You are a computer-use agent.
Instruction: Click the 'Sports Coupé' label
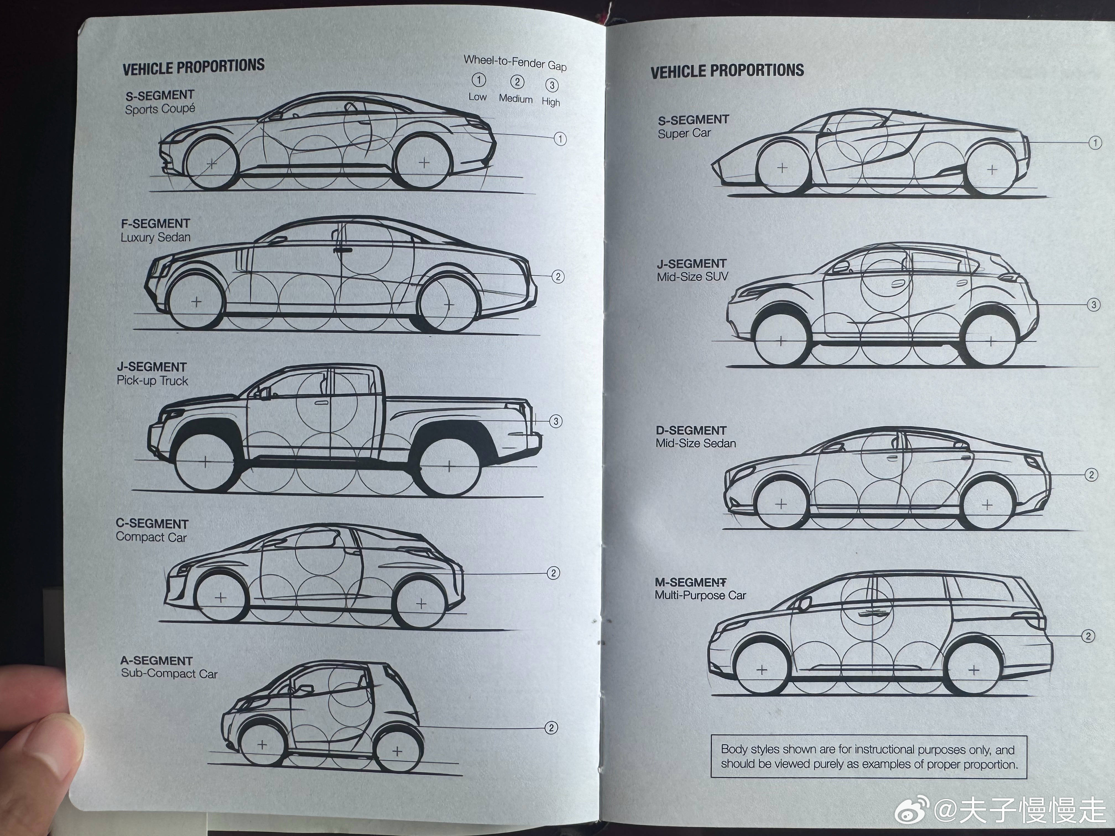tap(160, 109)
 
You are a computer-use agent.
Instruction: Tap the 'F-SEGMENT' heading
tap(155, 223)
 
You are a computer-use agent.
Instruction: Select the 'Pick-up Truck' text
tap(152, 381)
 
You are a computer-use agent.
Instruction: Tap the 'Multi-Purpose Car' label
tap(700, 595)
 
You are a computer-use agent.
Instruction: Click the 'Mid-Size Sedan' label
tap(695, 443)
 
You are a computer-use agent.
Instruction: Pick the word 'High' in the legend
tap(551, 102)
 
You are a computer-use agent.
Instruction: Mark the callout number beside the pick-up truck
tap(556, 421)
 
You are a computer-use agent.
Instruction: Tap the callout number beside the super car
tap(1095, 143)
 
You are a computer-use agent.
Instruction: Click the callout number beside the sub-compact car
tap(551, 728)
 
